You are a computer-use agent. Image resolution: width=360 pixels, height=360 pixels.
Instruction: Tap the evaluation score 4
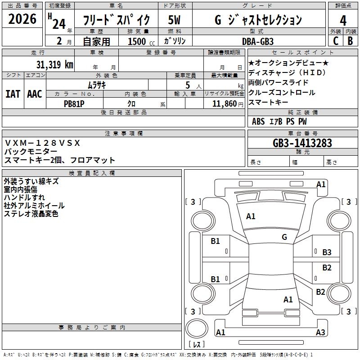(343, 20)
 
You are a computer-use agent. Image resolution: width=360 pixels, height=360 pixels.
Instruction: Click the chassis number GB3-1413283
(302, 143)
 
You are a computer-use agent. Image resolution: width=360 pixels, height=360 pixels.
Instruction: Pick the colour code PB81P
(74, 103)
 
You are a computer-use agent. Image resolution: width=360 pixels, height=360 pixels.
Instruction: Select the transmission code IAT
(13, 94)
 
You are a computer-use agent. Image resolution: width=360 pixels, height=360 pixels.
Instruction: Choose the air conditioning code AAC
(35, 94)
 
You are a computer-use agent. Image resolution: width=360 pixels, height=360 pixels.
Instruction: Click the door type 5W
(174, 20)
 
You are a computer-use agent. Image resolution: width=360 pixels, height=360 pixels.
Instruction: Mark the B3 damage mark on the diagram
(327, 252)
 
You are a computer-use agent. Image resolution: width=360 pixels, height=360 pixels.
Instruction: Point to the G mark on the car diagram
(284, 237)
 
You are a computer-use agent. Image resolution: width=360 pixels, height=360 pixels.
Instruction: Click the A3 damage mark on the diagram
(320, 333)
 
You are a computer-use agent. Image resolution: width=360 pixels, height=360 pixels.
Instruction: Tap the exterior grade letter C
(335, 41)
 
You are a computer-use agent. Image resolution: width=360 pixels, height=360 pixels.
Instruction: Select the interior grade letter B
(350, 41)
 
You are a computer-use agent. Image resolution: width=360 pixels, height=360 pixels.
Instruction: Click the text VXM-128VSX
(42, 143)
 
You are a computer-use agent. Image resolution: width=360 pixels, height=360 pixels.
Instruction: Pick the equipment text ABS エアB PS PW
(280, 121)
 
